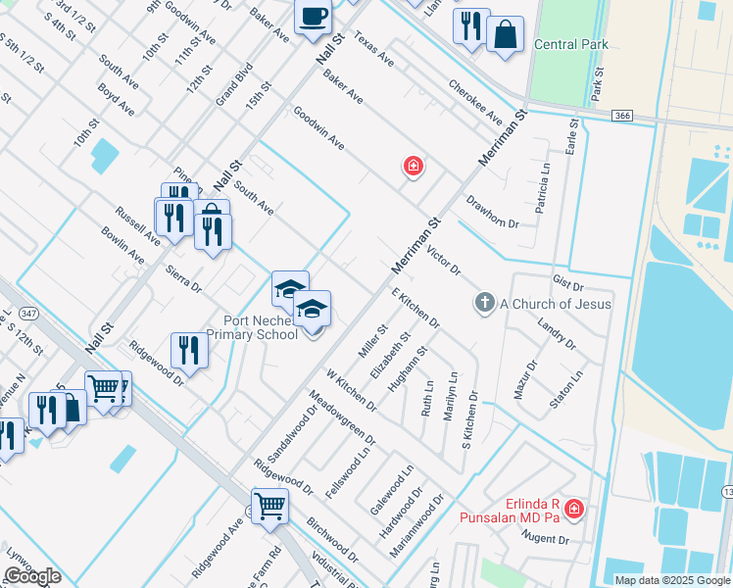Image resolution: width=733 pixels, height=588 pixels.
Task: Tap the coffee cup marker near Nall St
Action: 314,18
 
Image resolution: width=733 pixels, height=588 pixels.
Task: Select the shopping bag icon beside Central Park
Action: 506,34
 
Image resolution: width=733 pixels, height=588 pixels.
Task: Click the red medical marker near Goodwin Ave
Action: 414,167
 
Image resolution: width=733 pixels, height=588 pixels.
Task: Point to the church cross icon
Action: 484,304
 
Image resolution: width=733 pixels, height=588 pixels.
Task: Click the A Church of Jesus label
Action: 556,304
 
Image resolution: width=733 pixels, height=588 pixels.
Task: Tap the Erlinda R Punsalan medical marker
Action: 574,510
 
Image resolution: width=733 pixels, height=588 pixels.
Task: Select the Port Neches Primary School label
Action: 261,327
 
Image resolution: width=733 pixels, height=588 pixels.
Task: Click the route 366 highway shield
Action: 621,116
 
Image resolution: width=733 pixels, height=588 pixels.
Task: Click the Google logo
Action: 32,576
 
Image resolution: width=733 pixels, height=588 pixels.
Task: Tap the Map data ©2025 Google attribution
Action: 672,580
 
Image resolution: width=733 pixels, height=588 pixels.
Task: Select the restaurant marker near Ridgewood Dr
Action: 189,349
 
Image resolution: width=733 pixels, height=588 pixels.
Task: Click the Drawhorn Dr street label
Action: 492,210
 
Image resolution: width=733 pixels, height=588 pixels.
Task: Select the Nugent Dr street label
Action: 545,538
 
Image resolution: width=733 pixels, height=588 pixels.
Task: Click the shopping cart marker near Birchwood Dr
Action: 270,506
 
